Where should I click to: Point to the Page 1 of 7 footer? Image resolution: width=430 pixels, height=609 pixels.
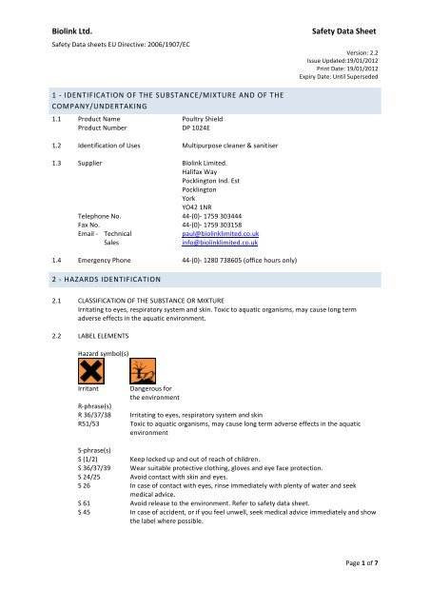coord(381,591)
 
